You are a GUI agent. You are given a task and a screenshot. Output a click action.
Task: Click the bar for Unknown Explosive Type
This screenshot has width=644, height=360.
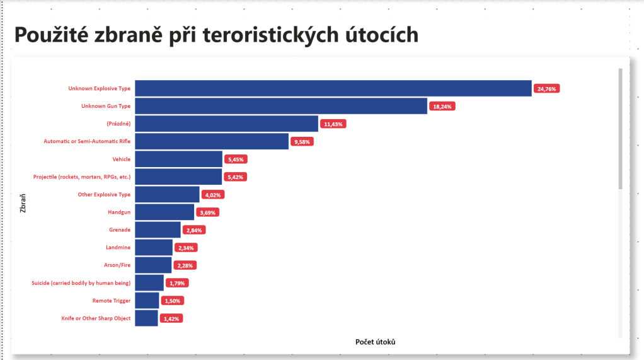tap(333, 89)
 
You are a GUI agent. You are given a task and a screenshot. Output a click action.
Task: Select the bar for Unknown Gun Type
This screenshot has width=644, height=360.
tap(281, 107)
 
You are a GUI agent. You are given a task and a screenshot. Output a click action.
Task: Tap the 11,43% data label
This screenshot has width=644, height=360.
tap(333, 124)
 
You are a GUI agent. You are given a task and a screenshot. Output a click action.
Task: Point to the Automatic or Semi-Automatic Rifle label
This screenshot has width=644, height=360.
tap(87, 142)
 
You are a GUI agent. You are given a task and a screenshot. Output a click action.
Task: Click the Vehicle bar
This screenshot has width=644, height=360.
tap(178, 160)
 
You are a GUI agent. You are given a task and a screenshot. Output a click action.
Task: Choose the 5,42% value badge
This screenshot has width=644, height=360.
tap(236, 177)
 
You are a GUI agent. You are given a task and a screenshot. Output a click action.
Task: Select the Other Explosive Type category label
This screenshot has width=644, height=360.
tap(104, 195)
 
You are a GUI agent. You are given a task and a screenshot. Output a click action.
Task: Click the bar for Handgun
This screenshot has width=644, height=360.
tap(164, 212)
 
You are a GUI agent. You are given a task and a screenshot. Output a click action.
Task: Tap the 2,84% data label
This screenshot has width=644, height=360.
tap(194, 230)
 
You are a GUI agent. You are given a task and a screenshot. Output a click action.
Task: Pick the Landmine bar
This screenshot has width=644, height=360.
tap(154, 248)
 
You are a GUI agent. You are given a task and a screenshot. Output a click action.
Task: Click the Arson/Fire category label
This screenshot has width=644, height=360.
tap(117, 265)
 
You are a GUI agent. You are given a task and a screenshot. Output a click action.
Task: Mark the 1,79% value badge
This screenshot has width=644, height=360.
tap(178, 283)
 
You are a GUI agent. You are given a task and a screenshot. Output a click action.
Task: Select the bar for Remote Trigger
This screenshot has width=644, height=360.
tap(147, 301)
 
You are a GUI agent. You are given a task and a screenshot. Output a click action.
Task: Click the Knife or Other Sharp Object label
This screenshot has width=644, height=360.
tap(96, 318)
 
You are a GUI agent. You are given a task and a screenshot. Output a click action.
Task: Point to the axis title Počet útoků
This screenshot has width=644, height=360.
tap(376, 342)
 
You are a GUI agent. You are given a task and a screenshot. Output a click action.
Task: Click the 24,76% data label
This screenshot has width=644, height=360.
tap(546, 89)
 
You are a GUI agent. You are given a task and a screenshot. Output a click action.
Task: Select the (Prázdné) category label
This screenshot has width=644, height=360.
tap(118, 124)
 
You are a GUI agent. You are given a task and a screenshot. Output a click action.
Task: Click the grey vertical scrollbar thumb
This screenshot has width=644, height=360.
tap(620, 129)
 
